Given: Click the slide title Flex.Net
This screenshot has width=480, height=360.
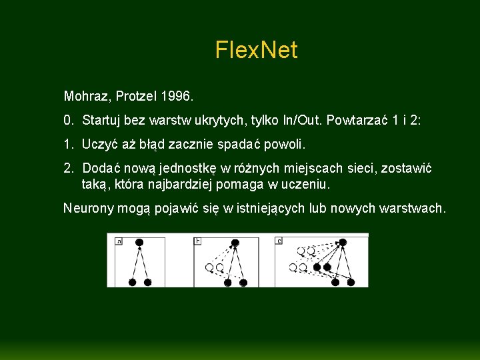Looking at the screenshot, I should click(256, 50).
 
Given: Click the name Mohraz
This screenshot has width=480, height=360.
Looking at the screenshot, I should click(87, 97).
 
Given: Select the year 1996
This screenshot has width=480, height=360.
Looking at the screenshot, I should click(177, 97).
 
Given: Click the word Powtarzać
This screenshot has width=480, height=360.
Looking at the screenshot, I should click(359, 121).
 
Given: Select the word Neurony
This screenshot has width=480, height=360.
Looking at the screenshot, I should click(88, 208).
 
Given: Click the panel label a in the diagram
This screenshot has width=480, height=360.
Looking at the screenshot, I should click(119, 241).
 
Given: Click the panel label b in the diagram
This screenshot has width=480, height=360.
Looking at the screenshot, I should click(198, 241).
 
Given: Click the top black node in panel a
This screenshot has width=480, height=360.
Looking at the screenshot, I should click(139, 243).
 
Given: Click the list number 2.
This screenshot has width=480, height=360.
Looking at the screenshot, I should click(68, 168).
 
